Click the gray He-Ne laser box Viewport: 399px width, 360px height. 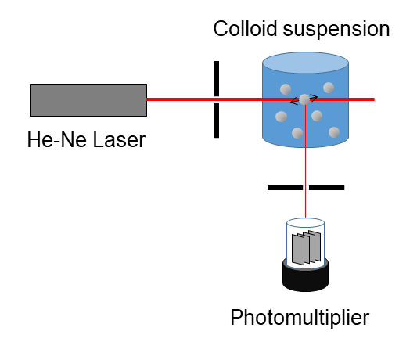coord(88,100)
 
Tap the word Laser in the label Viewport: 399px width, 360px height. coord(119,140)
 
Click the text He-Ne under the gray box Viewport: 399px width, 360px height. coord(57,140)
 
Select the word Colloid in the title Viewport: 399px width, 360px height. coord(245,28)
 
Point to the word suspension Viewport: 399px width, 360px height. coord(336,30)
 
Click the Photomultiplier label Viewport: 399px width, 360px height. coord(300,318)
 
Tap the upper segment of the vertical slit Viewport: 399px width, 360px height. coord(217,78)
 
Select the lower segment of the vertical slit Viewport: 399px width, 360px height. coord(217,120)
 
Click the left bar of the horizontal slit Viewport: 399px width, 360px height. coord(286,188)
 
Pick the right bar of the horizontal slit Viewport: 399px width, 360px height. coord(327,188)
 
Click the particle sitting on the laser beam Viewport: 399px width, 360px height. coord(304,99)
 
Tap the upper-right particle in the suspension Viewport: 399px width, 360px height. coord(329,88)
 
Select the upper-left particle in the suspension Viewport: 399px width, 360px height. coord(286,89)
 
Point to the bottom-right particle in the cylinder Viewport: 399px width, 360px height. coord(334,132)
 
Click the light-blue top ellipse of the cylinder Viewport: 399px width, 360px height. coord(305,63)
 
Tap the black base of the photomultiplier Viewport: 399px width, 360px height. coord(305,280)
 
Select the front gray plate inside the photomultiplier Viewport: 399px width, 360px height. coord(298,250)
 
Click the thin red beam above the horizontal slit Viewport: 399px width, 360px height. coord(305,145)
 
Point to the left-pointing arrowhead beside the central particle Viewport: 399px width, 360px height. coord(294,102)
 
